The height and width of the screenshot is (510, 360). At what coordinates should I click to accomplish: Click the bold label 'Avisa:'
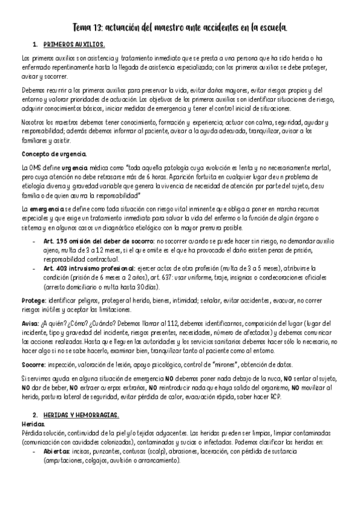30,322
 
